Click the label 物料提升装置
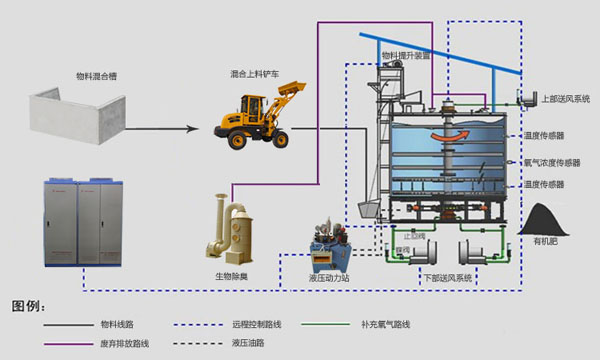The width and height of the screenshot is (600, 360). [x=405, y=57]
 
